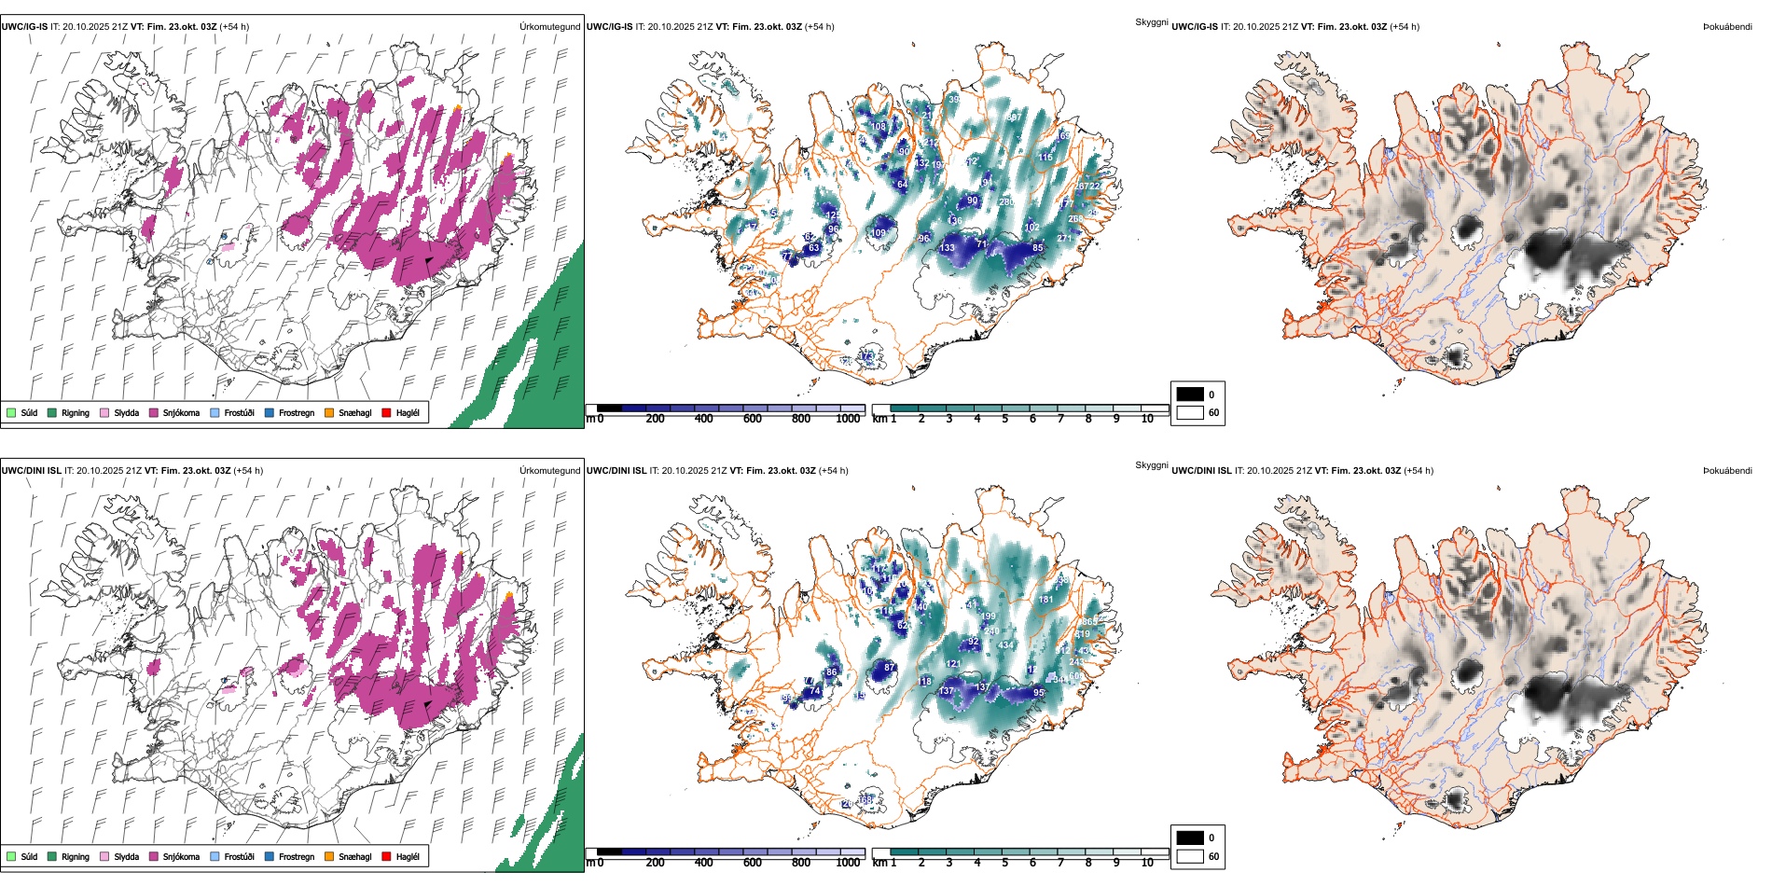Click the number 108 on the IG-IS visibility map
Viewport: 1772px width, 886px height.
tap(879, 127)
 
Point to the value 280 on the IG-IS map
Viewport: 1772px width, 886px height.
tap(1006, 202)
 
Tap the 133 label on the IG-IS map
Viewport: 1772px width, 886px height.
tap(948, 248)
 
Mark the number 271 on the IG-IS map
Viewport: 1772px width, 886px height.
tap(1065, 239)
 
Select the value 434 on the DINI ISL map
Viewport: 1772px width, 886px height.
tap(1005, 645)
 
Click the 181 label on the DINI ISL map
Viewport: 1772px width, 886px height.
tap(1045, 600)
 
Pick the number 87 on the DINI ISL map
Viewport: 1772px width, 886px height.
tap(890, 668)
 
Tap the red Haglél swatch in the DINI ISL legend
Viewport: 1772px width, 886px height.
tap(386, 856)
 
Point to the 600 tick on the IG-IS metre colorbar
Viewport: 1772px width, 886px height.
tap(753, 419)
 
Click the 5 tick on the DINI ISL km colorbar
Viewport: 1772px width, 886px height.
tap(1005, 863)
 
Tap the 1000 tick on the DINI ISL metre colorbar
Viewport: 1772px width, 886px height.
tap(849, 863)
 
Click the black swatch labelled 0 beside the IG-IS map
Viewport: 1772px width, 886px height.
tap(1190, 394)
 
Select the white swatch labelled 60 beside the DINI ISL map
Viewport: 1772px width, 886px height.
tap(1190, 856)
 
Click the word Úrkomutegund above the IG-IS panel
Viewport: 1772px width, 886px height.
tap(549, 27)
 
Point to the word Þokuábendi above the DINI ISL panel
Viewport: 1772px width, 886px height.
tap(1727, 471)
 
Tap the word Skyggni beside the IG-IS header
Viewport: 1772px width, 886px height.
tap(1151, 21)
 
